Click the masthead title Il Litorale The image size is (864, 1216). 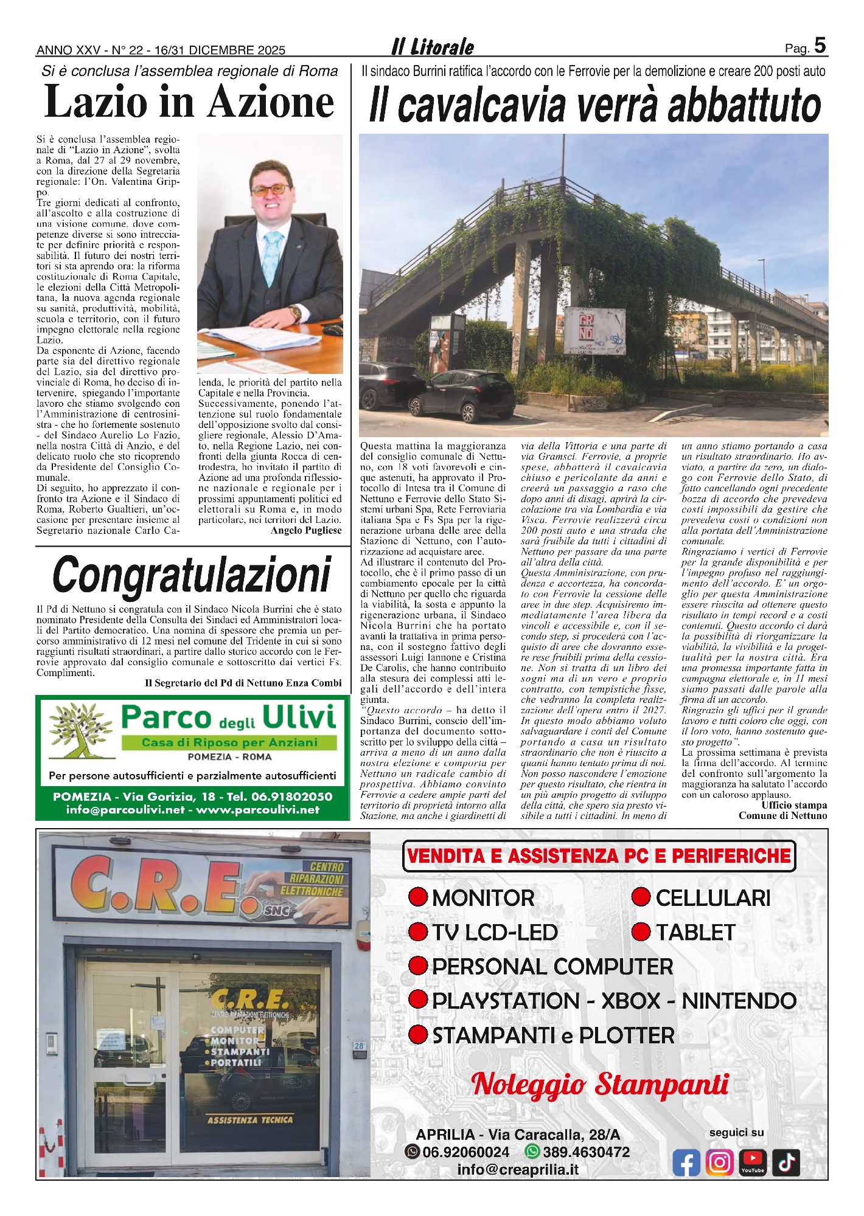[433, 47]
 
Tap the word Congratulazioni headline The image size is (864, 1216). [192, 575]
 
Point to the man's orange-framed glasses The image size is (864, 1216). [271, 189]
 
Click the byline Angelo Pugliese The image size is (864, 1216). [306, 531]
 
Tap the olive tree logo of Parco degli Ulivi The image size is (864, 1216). [80, 730]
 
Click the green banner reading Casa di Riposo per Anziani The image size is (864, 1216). [229, 742]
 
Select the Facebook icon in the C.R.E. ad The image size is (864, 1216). [686, 1162]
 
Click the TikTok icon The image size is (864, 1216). [786, 1162]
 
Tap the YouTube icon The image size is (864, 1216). [753, 1162]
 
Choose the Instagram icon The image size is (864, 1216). [720, 1162]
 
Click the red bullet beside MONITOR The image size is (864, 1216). [418, 897]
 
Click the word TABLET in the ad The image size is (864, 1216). [695, 932]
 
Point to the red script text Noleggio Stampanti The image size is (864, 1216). [600, 1084]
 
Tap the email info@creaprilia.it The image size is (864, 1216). [518, 1169]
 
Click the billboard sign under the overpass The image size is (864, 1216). [595, 331]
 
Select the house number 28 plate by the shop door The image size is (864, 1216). [359, 1046]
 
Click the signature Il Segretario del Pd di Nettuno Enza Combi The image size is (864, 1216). [243, 683]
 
